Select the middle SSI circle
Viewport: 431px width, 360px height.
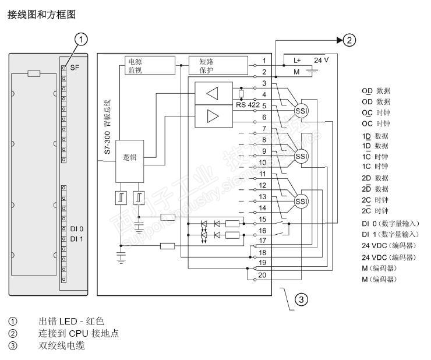[x=301, y=156]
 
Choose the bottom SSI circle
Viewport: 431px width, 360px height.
[x=301, y=202]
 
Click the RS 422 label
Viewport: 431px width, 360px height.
[x=248, y=105]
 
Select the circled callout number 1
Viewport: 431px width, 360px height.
[x=83, y=40]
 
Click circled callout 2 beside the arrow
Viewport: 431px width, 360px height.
[x=349, y=40]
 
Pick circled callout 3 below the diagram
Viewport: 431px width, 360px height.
[x=300, y=299]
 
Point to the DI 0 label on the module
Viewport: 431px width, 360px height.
[x=77, y=229]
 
